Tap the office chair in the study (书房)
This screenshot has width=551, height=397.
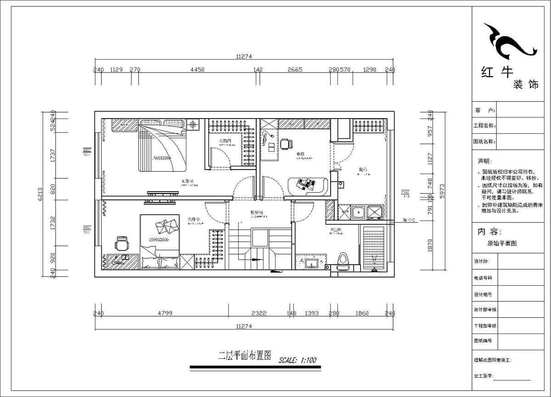[286, 144]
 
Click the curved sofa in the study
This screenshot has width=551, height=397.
[307, 185]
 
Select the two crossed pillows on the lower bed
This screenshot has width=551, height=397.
[164, 227]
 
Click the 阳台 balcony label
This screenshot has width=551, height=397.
[364, 170]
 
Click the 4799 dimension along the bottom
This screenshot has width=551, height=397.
[164, 313]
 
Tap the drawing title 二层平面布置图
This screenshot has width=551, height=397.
[245, 355]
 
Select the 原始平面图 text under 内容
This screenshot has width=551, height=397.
[502, 244]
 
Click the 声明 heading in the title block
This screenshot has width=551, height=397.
[484, 161]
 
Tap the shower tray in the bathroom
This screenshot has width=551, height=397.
[373, 248]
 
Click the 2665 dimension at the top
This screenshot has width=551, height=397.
[295, 70]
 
